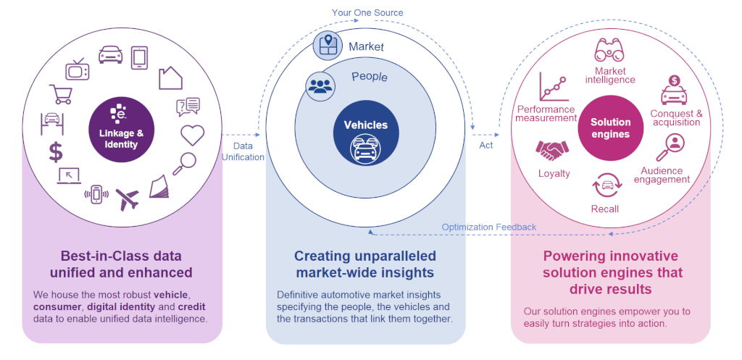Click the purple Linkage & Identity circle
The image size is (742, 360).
coord(122,130)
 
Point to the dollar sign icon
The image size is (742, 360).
coord(56,151)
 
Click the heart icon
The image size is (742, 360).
coord(192,135)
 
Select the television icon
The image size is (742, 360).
coord(77,69)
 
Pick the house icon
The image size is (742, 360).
coord(170,77)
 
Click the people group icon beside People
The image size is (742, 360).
coord(319,85)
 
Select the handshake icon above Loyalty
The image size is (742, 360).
coord(552,150)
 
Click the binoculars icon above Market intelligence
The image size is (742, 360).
coord(609,51)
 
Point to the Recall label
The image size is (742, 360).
coord(605,209)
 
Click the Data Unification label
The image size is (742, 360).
coord(243,151)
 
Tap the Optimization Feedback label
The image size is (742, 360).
coord(489,227)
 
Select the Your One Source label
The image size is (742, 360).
coord(367,12)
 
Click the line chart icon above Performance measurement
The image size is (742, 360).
coord(551,87)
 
